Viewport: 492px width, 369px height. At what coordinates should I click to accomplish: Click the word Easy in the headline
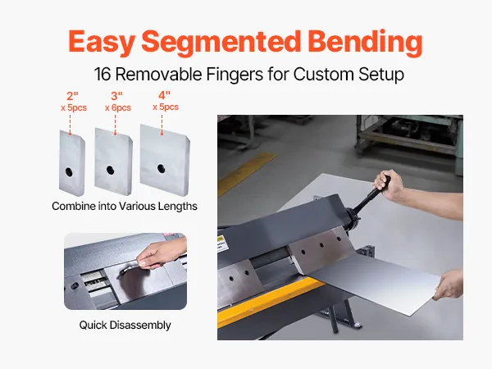tap(102, 43)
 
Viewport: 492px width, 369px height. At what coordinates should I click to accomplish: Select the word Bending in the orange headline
tap(365, 43)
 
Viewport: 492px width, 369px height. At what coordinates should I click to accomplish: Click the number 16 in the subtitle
tap(102, 75)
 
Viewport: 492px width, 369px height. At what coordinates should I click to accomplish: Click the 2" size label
tap(72, 96)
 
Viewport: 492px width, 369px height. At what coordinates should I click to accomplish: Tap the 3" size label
tap(116, 96)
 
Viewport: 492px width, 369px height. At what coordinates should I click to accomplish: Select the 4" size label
tap(164, 95)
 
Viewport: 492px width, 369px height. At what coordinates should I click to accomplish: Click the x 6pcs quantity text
tap(118, 108)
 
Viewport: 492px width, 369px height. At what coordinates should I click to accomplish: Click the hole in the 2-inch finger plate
tap(69, 171)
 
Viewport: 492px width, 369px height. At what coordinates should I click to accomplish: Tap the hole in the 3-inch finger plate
tap(110, 170)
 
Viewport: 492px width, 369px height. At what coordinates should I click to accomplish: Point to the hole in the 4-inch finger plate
tap(162, 168)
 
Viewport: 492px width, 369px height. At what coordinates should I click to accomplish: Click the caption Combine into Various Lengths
tap(125, 206)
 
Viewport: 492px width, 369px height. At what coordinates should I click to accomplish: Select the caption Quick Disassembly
tap(125, 325)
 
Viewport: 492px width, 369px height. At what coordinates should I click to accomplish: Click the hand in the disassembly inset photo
tap(159, 253)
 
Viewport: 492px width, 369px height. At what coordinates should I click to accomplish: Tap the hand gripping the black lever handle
tap(388, 185)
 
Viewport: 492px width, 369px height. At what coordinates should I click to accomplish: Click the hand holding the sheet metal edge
tap(449, 285)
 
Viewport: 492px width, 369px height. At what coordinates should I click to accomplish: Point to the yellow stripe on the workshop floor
tap(247, 173)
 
